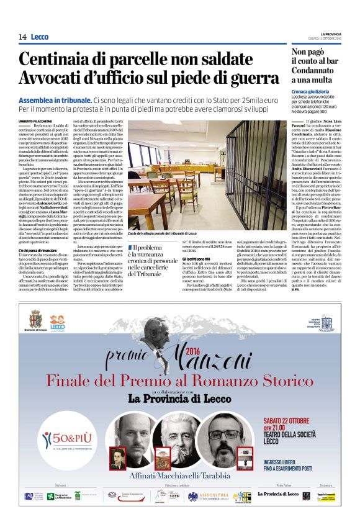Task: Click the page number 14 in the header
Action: (22, 37)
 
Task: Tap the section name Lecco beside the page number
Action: (39, 37)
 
